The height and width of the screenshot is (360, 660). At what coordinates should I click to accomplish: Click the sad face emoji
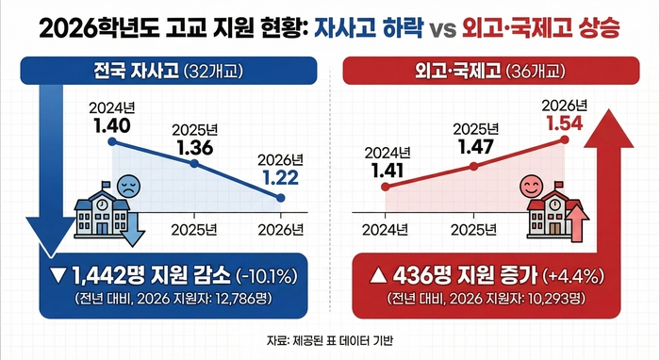click(x=127, y=185)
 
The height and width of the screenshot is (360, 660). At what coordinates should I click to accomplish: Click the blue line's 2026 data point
click(x=281, y=197)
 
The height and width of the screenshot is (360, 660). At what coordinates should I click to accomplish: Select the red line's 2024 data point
click(x=384, y=187)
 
